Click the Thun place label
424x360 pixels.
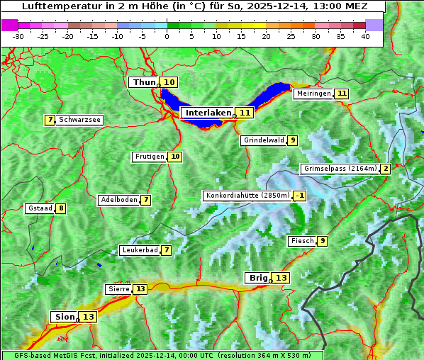[144, 83]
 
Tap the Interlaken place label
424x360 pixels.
[208, 113]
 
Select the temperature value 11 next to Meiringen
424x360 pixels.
[342, 94]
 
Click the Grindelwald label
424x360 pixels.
[264, 140]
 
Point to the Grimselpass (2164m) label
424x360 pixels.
[340, 169]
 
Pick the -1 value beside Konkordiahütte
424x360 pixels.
[300, 196]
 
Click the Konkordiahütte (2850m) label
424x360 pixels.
[247, 196]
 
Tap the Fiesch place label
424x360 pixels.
[302, 241]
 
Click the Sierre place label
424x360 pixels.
[118, 289]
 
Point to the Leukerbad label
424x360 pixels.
[139, 250]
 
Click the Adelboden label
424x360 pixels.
[118, 200]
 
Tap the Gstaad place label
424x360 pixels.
[40, 208]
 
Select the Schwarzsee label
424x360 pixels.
[79, 120]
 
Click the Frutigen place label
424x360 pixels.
[149, 157]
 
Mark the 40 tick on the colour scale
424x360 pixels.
[365, 35]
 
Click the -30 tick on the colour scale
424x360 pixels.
[18, 35]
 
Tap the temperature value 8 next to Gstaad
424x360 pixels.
[62, 208]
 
